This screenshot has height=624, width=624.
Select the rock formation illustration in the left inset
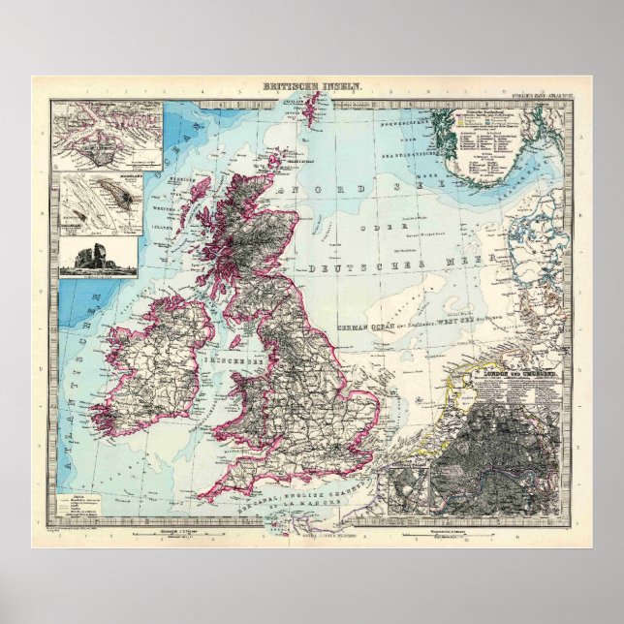pyautogui.click(x=85, y=258)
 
